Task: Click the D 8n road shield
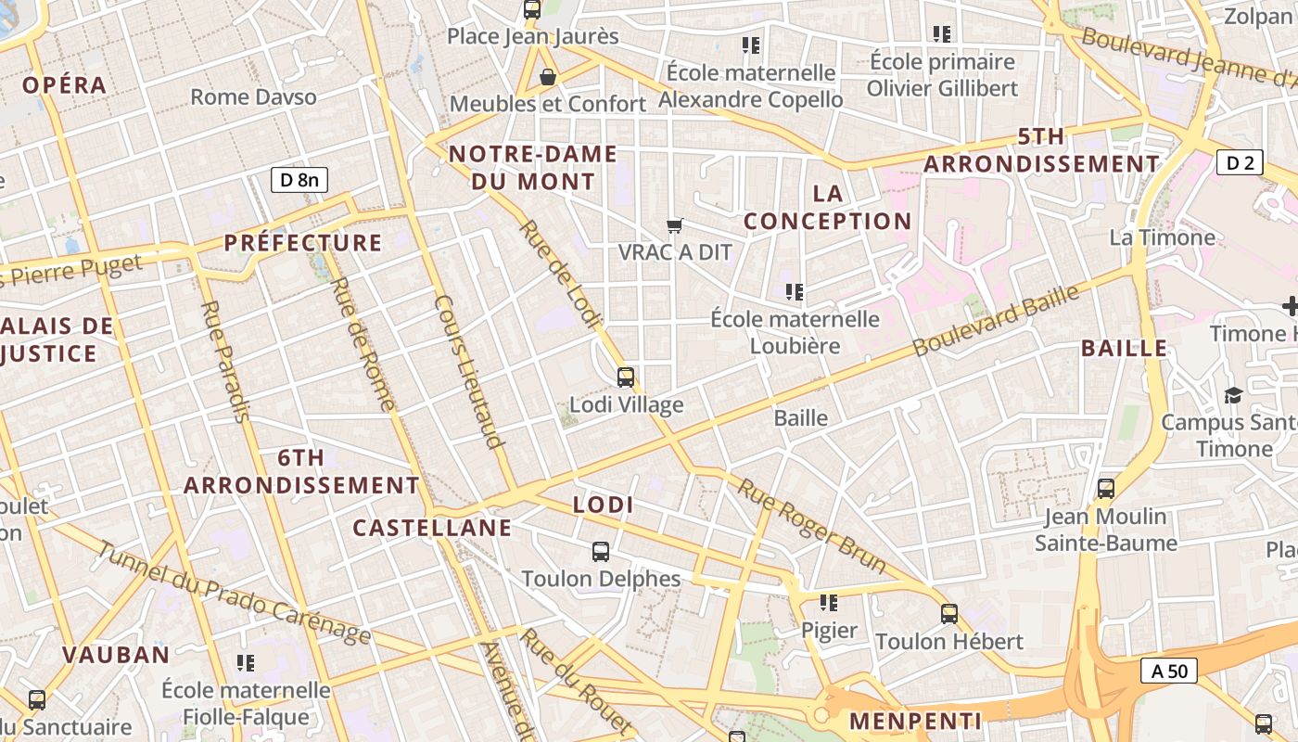[x=299, y=179]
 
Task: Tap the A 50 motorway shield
[x=1168, y=671]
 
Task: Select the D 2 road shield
[x=1240, y=163]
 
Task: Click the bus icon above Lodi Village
[x=626, y=377]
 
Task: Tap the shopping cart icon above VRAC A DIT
[x=675, y=225]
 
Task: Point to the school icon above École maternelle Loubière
[x=795, y=292]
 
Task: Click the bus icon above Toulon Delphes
[x=601, y=551]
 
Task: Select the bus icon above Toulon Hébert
[x=948, y=613]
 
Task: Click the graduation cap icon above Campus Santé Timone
[x=1232, y=395]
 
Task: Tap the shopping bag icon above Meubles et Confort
[x=548, y=76]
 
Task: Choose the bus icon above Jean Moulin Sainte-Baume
[x=1105, y=488]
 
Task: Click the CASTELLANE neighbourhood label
[x=432, y=528]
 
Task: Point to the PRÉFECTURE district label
[x=303, y=243]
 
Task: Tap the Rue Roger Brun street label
[x=811, y=526]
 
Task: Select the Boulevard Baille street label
[x=997, y=320]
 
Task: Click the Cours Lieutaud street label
[x=469, y=371]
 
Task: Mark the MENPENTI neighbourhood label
[x=915, y=721]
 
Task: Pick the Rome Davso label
[x=253, y=96]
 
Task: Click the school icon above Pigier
[x=829, y=603]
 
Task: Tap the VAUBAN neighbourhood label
[x=116, y=654]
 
